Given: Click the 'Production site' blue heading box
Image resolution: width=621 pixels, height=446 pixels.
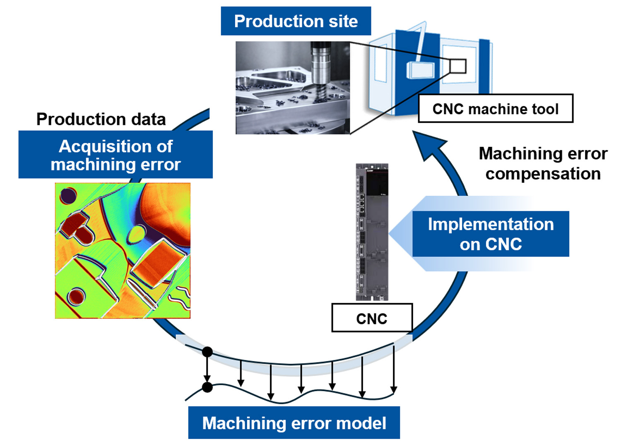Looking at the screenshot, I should coord(296,21).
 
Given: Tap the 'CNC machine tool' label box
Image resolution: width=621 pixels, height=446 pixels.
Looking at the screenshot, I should coord(495,109).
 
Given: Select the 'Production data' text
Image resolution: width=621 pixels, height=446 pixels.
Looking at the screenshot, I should coord(101,119).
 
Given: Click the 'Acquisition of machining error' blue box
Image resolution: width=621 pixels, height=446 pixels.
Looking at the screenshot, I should coord(116,155).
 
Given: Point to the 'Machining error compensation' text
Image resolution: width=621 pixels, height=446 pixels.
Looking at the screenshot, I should coord(543,163).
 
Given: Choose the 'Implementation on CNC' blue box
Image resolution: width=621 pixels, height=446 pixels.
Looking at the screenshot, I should coord(490,234).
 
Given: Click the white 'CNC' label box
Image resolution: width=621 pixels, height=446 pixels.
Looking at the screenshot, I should coord(371,318).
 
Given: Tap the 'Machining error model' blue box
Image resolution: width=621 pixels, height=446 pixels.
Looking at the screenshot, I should coord(294,423).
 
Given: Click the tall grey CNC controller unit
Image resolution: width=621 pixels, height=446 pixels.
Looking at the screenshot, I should coord(372,232).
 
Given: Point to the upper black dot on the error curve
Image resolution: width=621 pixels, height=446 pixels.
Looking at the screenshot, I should coord(207,352).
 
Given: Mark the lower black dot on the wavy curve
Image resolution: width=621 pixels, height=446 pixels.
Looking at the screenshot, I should coord(207,387).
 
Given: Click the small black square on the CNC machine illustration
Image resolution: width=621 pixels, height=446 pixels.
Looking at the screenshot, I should coord(458,66).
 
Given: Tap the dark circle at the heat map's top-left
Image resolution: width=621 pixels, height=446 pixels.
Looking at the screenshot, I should coord(68,196).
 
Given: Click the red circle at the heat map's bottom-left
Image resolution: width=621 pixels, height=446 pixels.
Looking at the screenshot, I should coord(76,297).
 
